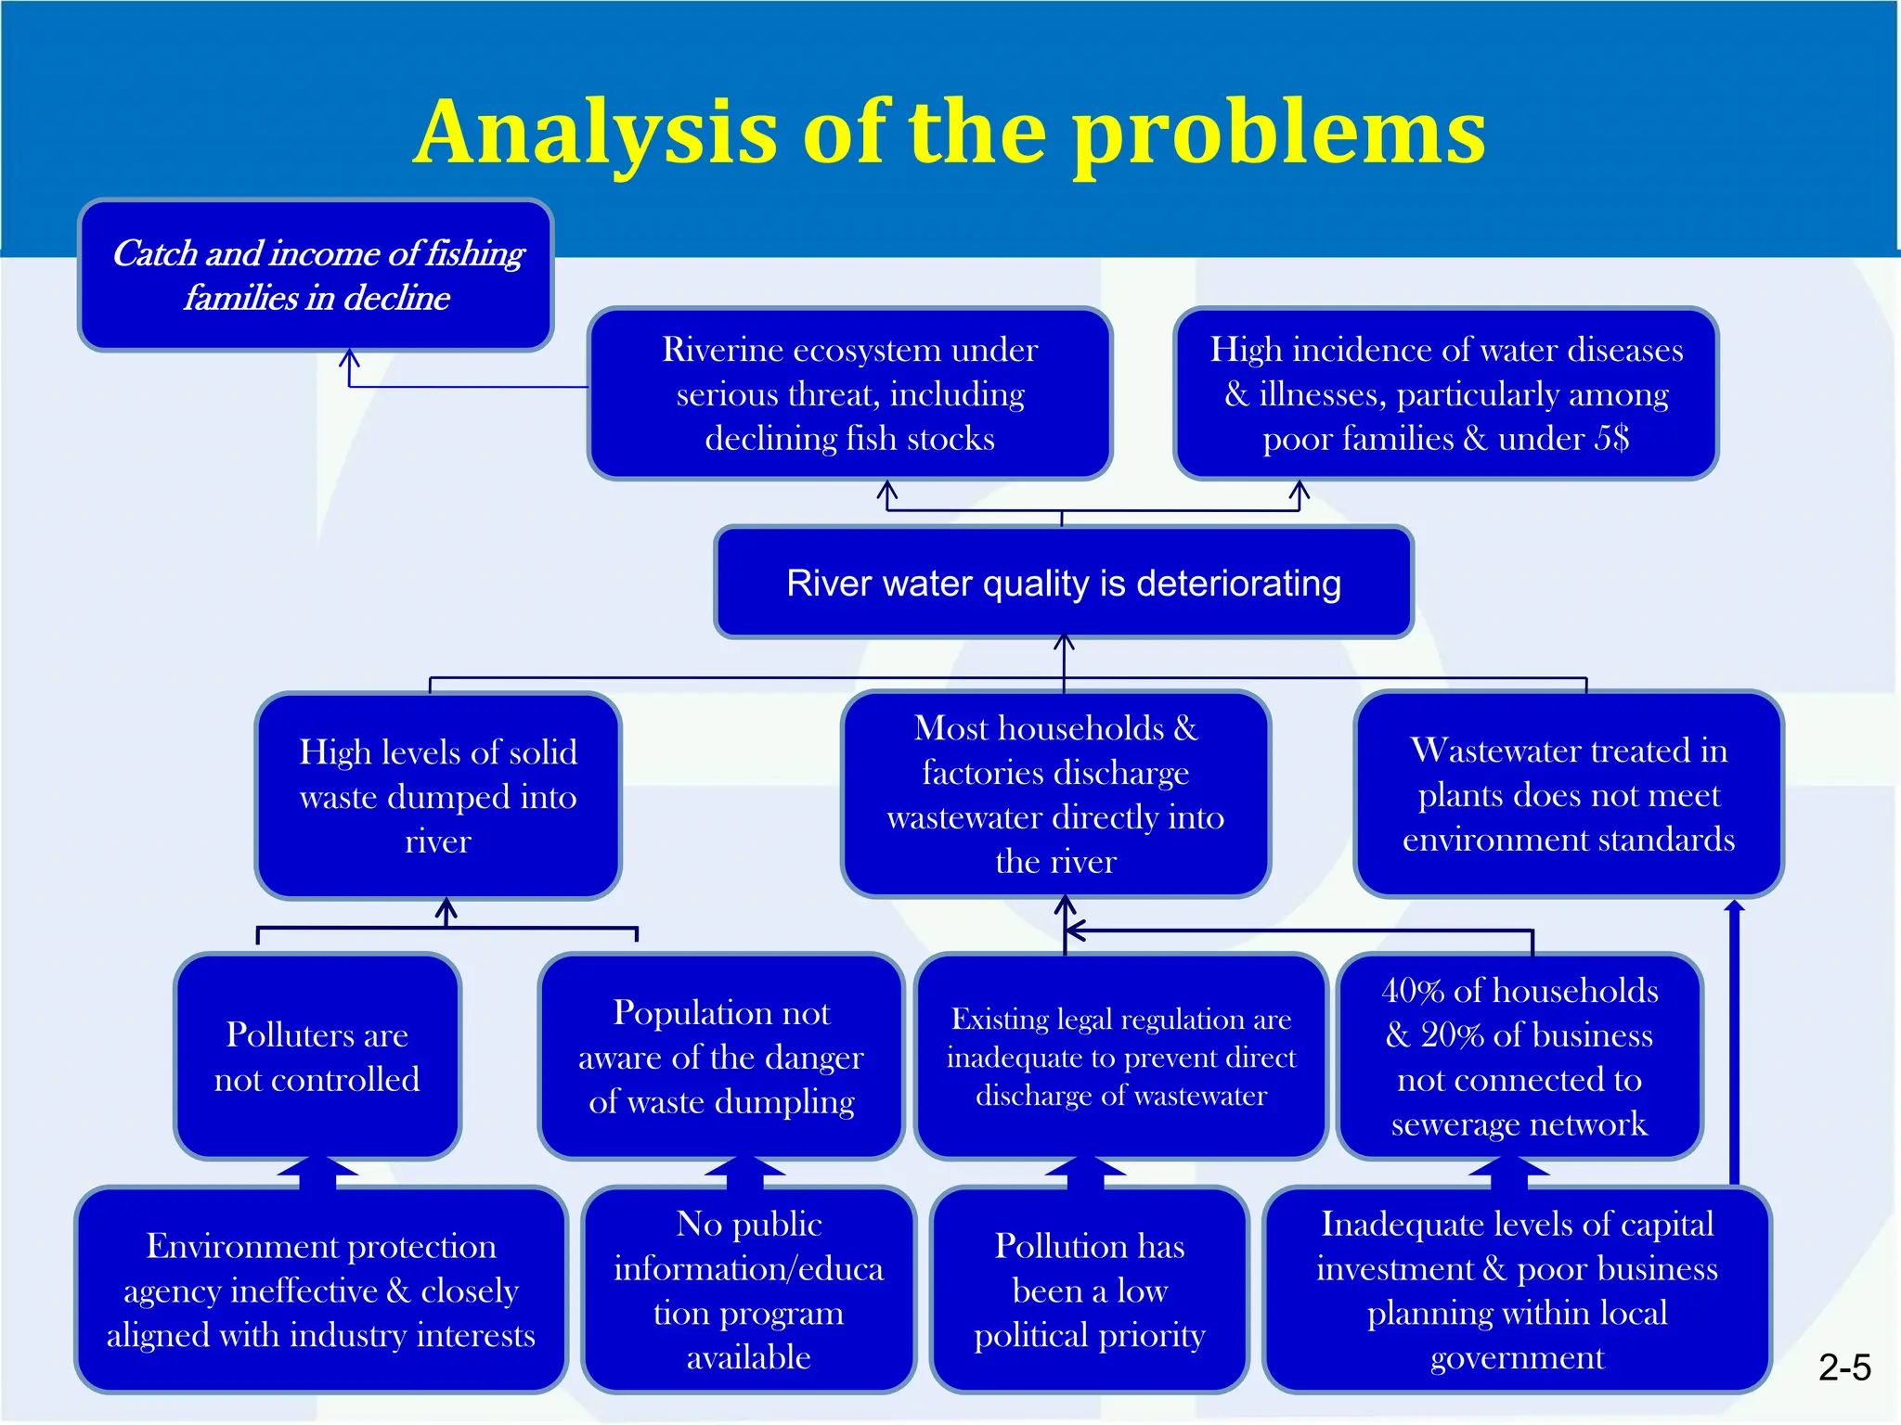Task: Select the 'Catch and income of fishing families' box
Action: pyautogui.click(x=317, y=276)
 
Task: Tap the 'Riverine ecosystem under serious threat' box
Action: pyautogui.click(x=849, y=393)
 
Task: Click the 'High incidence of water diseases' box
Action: pyautogui.click(x=1445, y=393)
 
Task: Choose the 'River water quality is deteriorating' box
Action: pyautogui.click(x=1063, y=583)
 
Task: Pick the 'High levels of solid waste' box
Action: pyautogui.click(x=438, y=796)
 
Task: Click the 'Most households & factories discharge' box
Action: pyautogui.click(x=1055, y=794)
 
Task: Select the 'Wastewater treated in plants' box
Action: pyautogui.click(x=1568, y=794)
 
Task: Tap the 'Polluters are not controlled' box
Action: pyautogui.click(x=317, y=1057)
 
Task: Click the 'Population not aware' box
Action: pyautogui.click(x=721, y=1057)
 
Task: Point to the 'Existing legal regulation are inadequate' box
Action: pyautogui.click(x=1120, y=1057)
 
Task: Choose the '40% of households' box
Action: pyautogui.click(x=1519, y=1057)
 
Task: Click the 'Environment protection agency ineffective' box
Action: pyautogui.click(x=320, y=1290)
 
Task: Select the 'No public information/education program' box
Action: pyautogui.click(x=748, y=1290)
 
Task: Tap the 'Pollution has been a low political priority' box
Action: pyautogui.click(x=1089, y=1290)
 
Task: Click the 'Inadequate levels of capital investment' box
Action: pyautogui.click(x=1517, y=1290)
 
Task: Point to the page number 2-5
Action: pyautogui.click(x=1843, y=1367)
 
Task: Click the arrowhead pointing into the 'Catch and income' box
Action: pyautogui.click(x=349, y=357)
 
